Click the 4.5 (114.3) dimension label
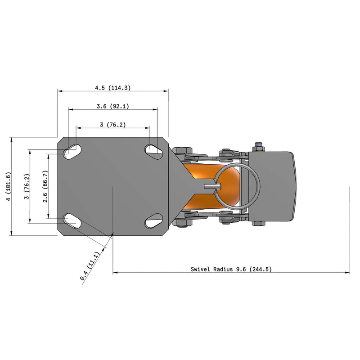click(x=112, y=88)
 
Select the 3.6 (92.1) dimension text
click(x=113, y=106)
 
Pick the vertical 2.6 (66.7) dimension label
click(x=44, y=186)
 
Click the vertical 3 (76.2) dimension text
click(x=27, y=186)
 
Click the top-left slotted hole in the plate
click(x=72, y=151)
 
